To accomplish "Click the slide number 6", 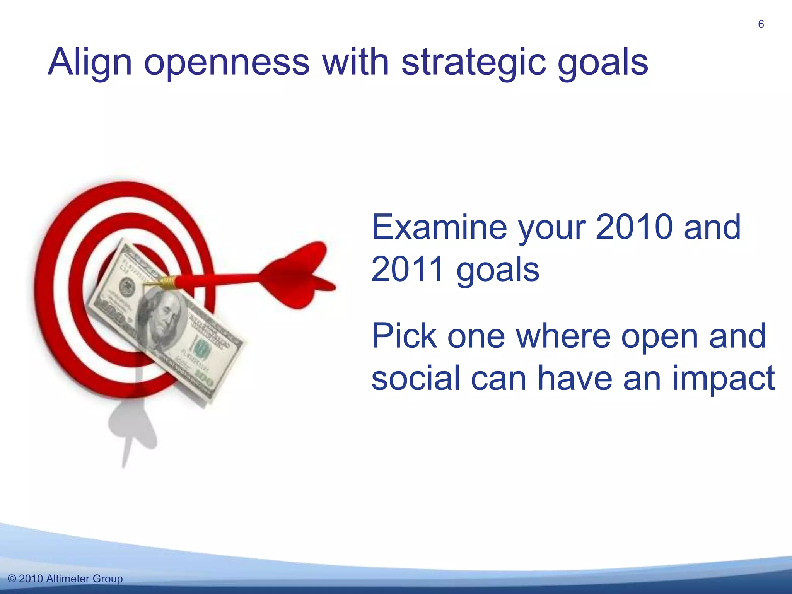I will [761, 24].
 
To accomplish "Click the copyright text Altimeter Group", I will [84, 579].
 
